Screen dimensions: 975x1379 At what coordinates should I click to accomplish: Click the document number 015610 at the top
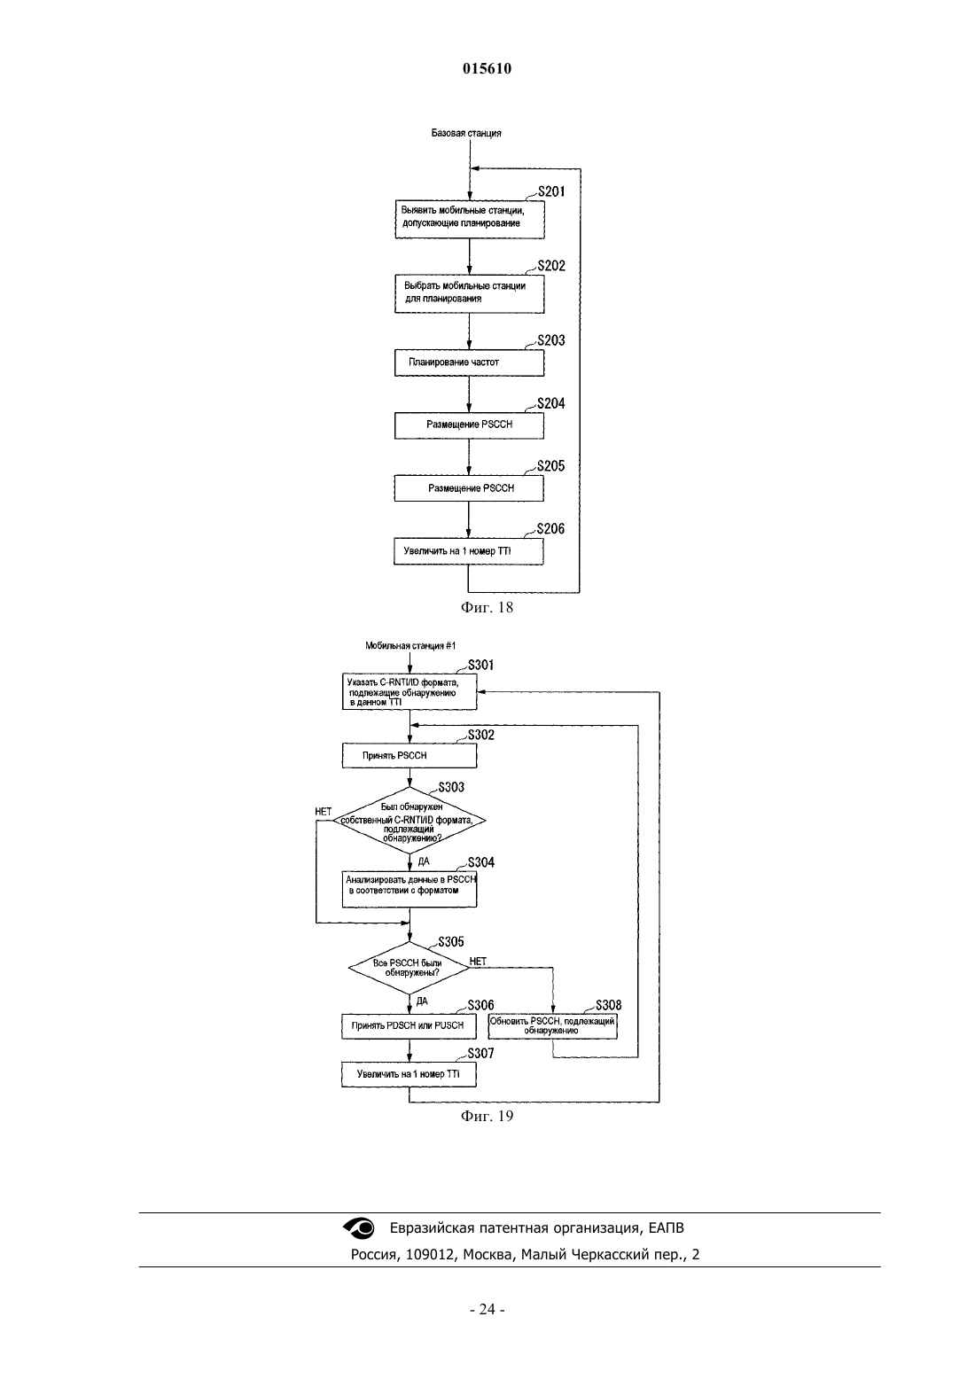[x=487, y=68]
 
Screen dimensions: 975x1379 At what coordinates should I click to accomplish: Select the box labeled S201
[x=470, y=219]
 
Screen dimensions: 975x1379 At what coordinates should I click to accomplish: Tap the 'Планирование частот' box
[x=469, y=362]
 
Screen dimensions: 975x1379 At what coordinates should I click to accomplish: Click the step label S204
[x=551, y=403]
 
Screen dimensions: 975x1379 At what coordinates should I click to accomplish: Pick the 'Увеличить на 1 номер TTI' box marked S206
[x=468, y=551]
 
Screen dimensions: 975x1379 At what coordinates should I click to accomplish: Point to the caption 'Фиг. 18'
[x=487, y=608]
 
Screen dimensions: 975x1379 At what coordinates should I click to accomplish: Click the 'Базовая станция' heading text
[x=466, y=133]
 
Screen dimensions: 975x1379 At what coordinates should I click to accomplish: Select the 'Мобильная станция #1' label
[x=410, y=645]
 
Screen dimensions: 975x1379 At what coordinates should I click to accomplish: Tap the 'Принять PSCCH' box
[x=409, y=755]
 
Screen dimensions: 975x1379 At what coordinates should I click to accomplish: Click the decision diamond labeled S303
[x=409, y=820]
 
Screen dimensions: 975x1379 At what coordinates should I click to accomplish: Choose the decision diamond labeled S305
[x=409, y=968]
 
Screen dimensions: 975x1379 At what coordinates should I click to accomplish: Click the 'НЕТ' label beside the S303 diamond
[x=324, y=812]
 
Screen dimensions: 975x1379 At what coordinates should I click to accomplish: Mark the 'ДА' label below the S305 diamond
[x=422, y=1001]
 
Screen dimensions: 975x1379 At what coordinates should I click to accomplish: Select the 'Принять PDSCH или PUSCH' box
[x=409, y=1026]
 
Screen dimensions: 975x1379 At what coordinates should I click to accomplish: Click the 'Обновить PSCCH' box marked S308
[x=553, y=1025]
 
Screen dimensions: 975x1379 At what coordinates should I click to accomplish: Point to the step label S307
[x=480, y=1054]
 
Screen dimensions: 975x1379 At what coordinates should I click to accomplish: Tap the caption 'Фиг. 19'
[x=487, y=1116]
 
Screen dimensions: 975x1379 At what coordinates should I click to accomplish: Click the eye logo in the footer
[x=358, y=1227]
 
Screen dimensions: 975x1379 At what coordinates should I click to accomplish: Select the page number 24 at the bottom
[x=487, y=1310]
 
